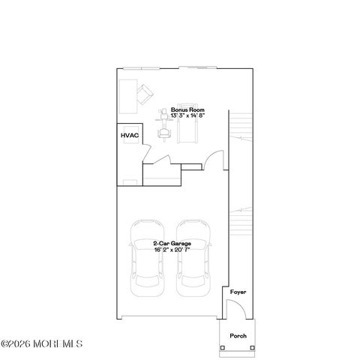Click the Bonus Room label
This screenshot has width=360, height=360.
click(187, 109)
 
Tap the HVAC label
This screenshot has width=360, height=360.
click(130, 136)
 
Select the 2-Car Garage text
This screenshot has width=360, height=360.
click(172, 244)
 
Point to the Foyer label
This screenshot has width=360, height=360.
click(238, 292)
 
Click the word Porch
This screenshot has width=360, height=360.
click(238, 336)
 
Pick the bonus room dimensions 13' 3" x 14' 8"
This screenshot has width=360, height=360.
click(187, 115)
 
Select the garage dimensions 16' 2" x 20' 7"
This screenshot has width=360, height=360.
click(172, 250)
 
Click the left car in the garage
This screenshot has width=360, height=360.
click(148, 258)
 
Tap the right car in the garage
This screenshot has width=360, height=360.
click(193, 258)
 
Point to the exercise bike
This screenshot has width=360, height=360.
click(164, 125)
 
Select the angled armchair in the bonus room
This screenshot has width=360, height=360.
click(145, 94)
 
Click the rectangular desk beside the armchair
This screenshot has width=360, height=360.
click(128, 97)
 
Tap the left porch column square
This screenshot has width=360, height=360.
click(223, 348)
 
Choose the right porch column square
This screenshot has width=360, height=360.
click(253, 348)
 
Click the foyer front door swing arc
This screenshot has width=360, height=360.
click(240, 304)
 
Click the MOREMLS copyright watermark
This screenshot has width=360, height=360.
click(41, 343)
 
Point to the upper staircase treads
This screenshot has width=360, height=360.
click(241, 127)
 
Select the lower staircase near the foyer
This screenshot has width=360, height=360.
click(241, 221)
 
